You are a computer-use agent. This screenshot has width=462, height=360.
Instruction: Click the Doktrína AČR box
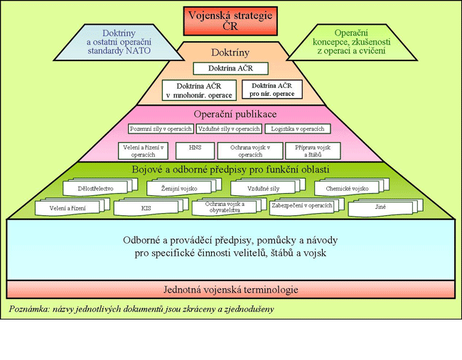tap(231, 68)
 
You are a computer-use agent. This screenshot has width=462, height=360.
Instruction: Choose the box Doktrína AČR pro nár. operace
tap(272, 89)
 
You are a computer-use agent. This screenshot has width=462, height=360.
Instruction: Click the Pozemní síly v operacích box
tap(161, 129)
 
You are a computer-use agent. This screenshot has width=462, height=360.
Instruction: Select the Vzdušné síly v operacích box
tap(229, 129)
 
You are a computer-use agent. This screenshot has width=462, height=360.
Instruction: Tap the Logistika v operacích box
tap(298, 129)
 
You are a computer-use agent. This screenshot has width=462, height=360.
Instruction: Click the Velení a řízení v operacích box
tap(144, 151)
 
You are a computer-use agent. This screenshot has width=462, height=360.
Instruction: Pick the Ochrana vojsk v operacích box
tap(246, 151)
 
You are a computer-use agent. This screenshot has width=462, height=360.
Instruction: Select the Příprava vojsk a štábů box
tap(313, 151)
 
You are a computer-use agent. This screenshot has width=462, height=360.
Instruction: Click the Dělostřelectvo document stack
tap(97, 188)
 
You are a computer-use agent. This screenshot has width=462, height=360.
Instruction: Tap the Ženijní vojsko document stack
tap(180, 188)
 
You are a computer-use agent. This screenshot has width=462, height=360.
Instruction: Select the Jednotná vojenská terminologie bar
tap(231, 290)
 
